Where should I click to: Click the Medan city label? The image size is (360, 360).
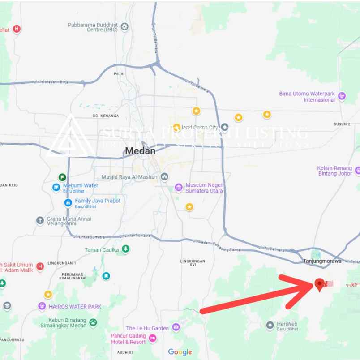(140, 151)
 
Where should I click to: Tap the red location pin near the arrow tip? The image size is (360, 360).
(319, 284)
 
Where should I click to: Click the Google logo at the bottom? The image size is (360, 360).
(180, 352)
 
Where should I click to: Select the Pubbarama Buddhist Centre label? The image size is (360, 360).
(92, 27)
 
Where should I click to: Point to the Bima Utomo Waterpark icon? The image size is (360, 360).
(342, 95)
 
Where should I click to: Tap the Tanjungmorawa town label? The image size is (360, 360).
(322, 261)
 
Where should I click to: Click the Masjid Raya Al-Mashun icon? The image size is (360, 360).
(165, 177)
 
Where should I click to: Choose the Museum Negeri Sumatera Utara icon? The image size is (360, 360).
(178, 187)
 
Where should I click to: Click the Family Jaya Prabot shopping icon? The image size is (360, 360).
(68, 202)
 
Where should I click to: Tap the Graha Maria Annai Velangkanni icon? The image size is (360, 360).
(40, 220)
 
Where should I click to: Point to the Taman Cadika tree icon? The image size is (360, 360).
(126, 249)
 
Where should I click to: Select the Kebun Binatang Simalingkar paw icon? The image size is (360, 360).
(93, 321)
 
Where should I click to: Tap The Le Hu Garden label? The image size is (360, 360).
(147, 328)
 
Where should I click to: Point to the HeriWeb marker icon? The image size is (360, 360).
(270, 325)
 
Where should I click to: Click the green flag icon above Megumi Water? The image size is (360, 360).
(62, 177)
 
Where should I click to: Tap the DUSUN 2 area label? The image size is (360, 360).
(342, 124)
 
